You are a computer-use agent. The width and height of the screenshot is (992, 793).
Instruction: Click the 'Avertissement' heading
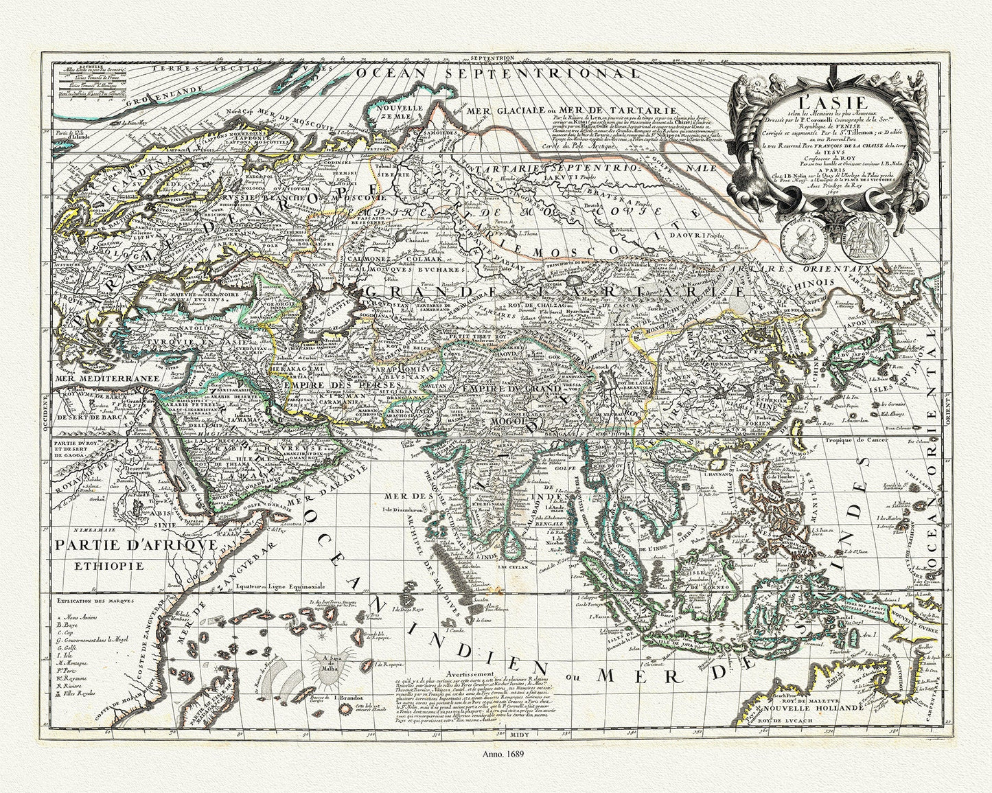tap(470, 655)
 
